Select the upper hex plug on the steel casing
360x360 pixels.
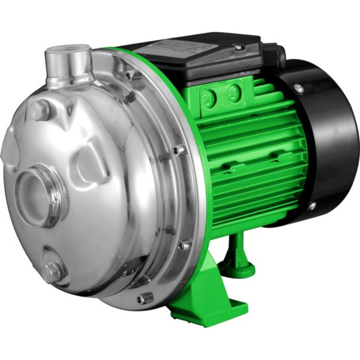click(41, 110)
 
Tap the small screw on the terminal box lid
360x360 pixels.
click(239, 47)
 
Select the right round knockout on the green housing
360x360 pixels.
click(234, 92)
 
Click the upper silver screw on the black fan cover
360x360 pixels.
click(298, 88)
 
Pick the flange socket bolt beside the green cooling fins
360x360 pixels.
click(179, 149)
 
